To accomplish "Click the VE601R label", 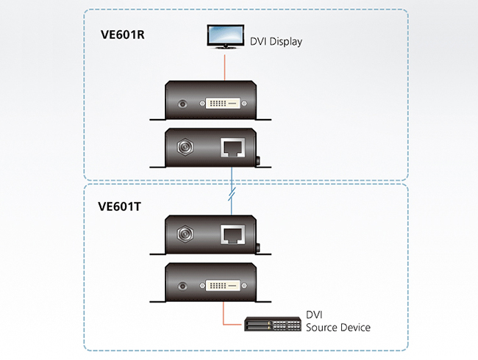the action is pos(123,35).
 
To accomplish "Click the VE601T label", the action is pos(119,206).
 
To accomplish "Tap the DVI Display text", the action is pos(276,41).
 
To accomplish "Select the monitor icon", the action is pos(226,37).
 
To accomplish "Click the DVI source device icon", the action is pos(273,324).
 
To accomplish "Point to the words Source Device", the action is pos(338,328).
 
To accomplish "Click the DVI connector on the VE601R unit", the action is pos(223,104).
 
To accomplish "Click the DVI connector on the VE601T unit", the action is pos(223,286).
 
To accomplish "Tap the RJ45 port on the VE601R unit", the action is pos(232,148).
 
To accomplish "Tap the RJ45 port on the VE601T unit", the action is pos(232,234).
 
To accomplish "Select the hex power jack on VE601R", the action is pos(185,147).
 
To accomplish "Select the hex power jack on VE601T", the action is pos(185,234).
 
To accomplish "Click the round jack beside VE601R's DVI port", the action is pos(182,104).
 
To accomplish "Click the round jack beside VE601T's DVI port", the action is pos(182,286).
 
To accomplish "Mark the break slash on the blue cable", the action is pos(232,194).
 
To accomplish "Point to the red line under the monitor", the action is pos(225,68).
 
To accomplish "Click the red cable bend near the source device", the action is pos(224,324).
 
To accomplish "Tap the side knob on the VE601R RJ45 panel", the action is pos(258,160).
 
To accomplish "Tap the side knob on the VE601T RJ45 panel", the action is pos(258,248).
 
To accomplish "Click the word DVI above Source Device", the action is pos(314,314).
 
